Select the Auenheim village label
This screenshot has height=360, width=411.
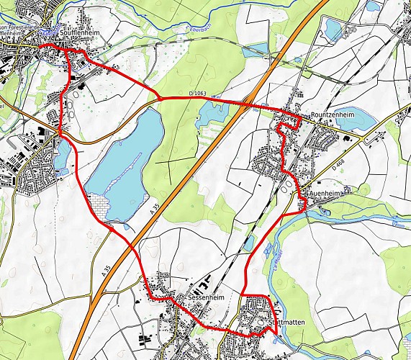click(323, 194)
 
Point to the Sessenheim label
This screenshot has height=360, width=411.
click(202, 296)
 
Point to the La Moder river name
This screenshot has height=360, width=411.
click(275, 269)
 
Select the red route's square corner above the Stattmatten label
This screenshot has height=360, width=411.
click(268, 297)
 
